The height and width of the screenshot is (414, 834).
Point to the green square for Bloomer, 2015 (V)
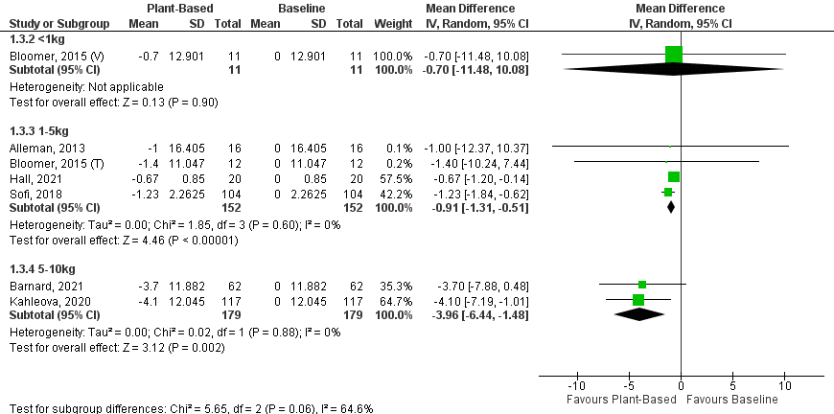(673, 55)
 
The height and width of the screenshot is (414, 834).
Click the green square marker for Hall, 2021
(673, 177)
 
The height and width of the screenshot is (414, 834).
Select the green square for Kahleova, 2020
(638, 300)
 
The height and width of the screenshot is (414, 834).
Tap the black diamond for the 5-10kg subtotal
(639, 315)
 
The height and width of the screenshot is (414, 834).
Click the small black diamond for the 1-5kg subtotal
(671, 207)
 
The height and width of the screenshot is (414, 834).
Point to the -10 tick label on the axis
(576, 386)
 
